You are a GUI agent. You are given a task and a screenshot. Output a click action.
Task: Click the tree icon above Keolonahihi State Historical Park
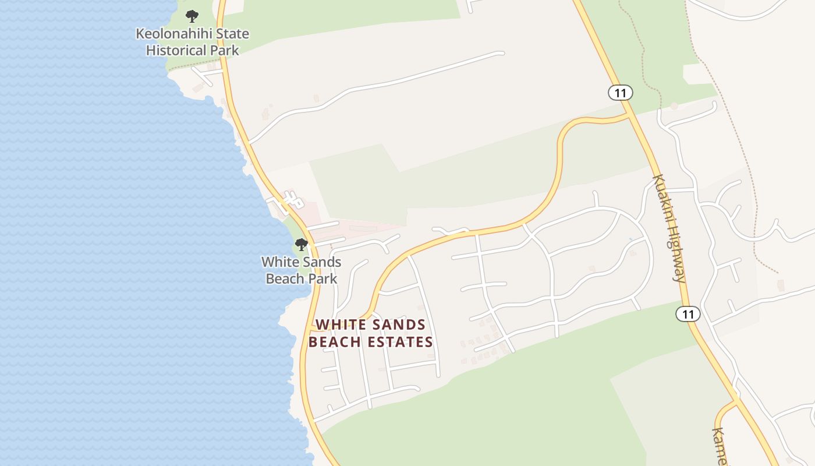pos(192,16)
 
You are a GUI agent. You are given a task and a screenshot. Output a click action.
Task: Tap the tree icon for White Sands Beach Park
pos(302,245)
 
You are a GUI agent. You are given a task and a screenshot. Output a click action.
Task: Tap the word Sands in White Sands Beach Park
pos(322,262)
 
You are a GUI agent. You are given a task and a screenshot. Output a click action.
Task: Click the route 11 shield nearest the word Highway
pos(688,314)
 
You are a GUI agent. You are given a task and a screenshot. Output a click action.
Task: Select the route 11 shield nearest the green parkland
pos(620,92)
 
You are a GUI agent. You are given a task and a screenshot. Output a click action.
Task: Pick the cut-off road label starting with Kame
pos(720,446)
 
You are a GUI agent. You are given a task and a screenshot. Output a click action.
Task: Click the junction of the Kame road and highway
pos(737,401)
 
